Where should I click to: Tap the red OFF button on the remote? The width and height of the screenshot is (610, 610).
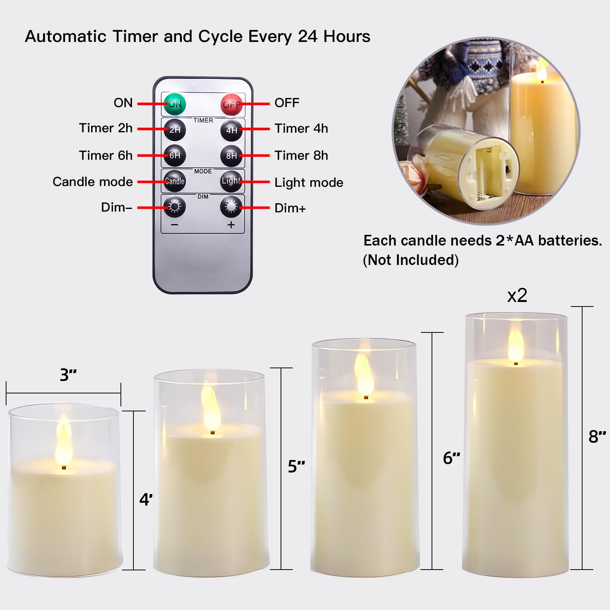[232, 104]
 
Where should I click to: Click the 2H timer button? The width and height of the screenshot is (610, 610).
[175, 130]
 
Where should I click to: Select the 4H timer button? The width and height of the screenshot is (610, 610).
[231, 130]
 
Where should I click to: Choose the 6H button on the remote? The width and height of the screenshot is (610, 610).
[175, 155]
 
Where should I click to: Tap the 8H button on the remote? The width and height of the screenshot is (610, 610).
[231, 156]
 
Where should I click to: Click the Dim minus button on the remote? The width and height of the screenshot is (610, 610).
[175, 207]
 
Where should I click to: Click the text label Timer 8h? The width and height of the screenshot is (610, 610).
[301, 156]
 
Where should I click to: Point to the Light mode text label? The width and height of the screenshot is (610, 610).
[309, 183]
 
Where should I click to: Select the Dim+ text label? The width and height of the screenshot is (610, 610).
[290, 208]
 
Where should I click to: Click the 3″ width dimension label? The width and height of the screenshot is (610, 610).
[68, 375]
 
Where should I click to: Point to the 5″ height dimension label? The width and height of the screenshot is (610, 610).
[296, 466]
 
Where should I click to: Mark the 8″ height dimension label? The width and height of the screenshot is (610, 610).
[597, 437]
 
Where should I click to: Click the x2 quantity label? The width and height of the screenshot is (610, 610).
[517, 295]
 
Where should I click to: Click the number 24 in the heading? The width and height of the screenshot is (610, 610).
[308, 37]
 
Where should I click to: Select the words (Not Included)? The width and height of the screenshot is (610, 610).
[411, 260]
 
